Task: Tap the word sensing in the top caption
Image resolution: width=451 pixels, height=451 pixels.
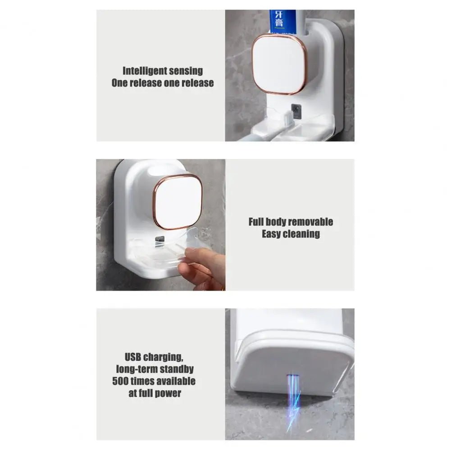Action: point(188,71)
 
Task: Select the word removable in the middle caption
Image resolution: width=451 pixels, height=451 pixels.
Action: point(310,222)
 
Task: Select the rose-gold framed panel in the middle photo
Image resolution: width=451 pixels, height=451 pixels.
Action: point(178,201)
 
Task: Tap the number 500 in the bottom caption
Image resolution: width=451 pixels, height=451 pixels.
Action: point(122,381)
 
